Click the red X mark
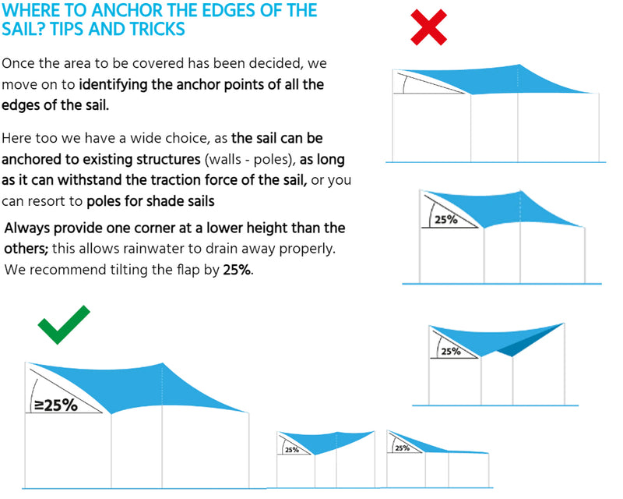pyautogui.click(x=428, y=27)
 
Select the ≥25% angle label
pyautogui.click(x=55, y=405)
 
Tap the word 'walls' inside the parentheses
pyautogui.click(x=219, y=160)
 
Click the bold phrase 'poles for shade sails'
pyautogui.click(x=151, y=201)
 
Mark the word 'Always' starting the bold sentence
pyautogui.click(x=27, y=228)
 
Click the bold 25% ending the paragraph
pyautogui.click(x=237, y=270)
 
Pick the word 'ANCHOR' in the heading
pyautogui.click(x=110, y=11)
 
